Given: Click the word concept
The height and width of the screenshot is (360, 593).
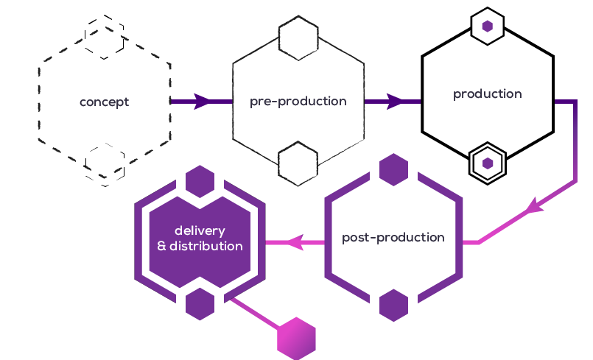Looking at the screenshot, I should (104, 102).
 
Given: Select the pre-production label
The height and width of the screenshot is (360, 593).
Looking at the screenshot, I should (298, 102).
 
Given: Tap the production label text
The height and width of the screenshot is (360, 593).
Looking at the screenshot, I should (487, 94).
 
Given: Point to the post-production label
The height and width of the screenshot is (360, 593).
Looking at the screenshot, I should (393, 238).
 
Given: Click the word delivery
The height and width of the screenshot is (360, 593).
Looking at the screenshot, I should (200, 231).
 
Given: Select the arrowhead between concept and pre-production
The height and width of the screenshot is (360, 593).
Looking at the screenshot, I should (201, 102).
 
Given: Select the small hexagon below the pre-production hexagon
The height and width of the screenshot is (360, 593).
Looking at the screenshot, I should (298, 164).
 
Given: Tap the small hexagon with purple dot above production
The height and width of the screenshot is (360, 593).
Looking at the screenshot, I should (487, 27).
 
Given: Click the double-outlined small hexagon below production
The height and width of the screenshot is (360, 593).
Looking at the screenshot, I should (487, 162).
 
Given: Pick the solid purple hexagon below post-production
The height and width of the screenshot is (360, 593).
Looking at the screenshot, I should (393, 306).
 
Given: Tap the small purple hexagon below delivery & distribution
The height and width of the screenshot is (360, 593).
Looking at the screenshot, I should (200, 303).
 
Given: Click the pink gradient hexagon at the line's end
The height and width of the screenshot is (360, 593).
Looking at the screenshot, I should (296, 339).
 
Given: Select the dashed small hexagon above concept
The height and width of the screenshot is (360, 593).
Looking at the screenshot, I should (104, 37).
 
